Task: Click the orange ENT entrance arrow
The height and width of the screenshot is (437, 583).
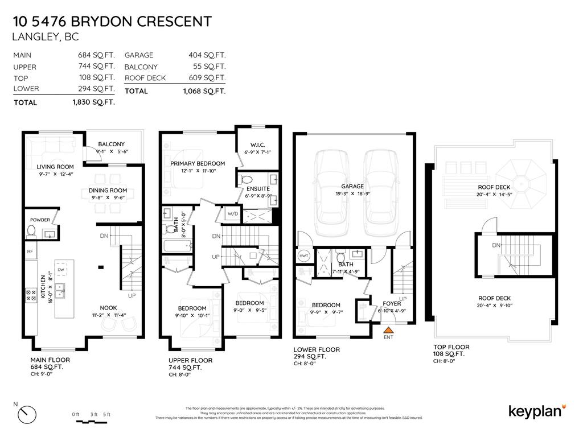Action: pos(388,329)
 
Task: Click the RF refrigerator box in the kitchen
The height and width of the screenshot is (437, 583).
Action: pos(30,250)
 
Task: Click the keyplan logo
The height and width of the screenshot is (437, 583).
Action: pos(536,411)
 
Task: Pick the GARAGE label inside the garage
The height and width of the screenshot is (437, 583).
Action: pos(352,186)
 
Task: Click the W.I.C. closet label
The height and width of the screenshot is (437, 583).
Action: pos(257,145)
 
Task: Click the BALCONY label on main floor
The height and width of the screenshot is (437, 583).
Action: pos(111,145)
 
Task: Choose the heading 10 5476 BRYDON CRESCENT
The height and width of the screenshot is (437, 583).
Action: pos(112,22)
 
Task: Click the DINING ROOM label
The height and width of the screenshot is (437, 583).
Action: pos(108,191)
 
